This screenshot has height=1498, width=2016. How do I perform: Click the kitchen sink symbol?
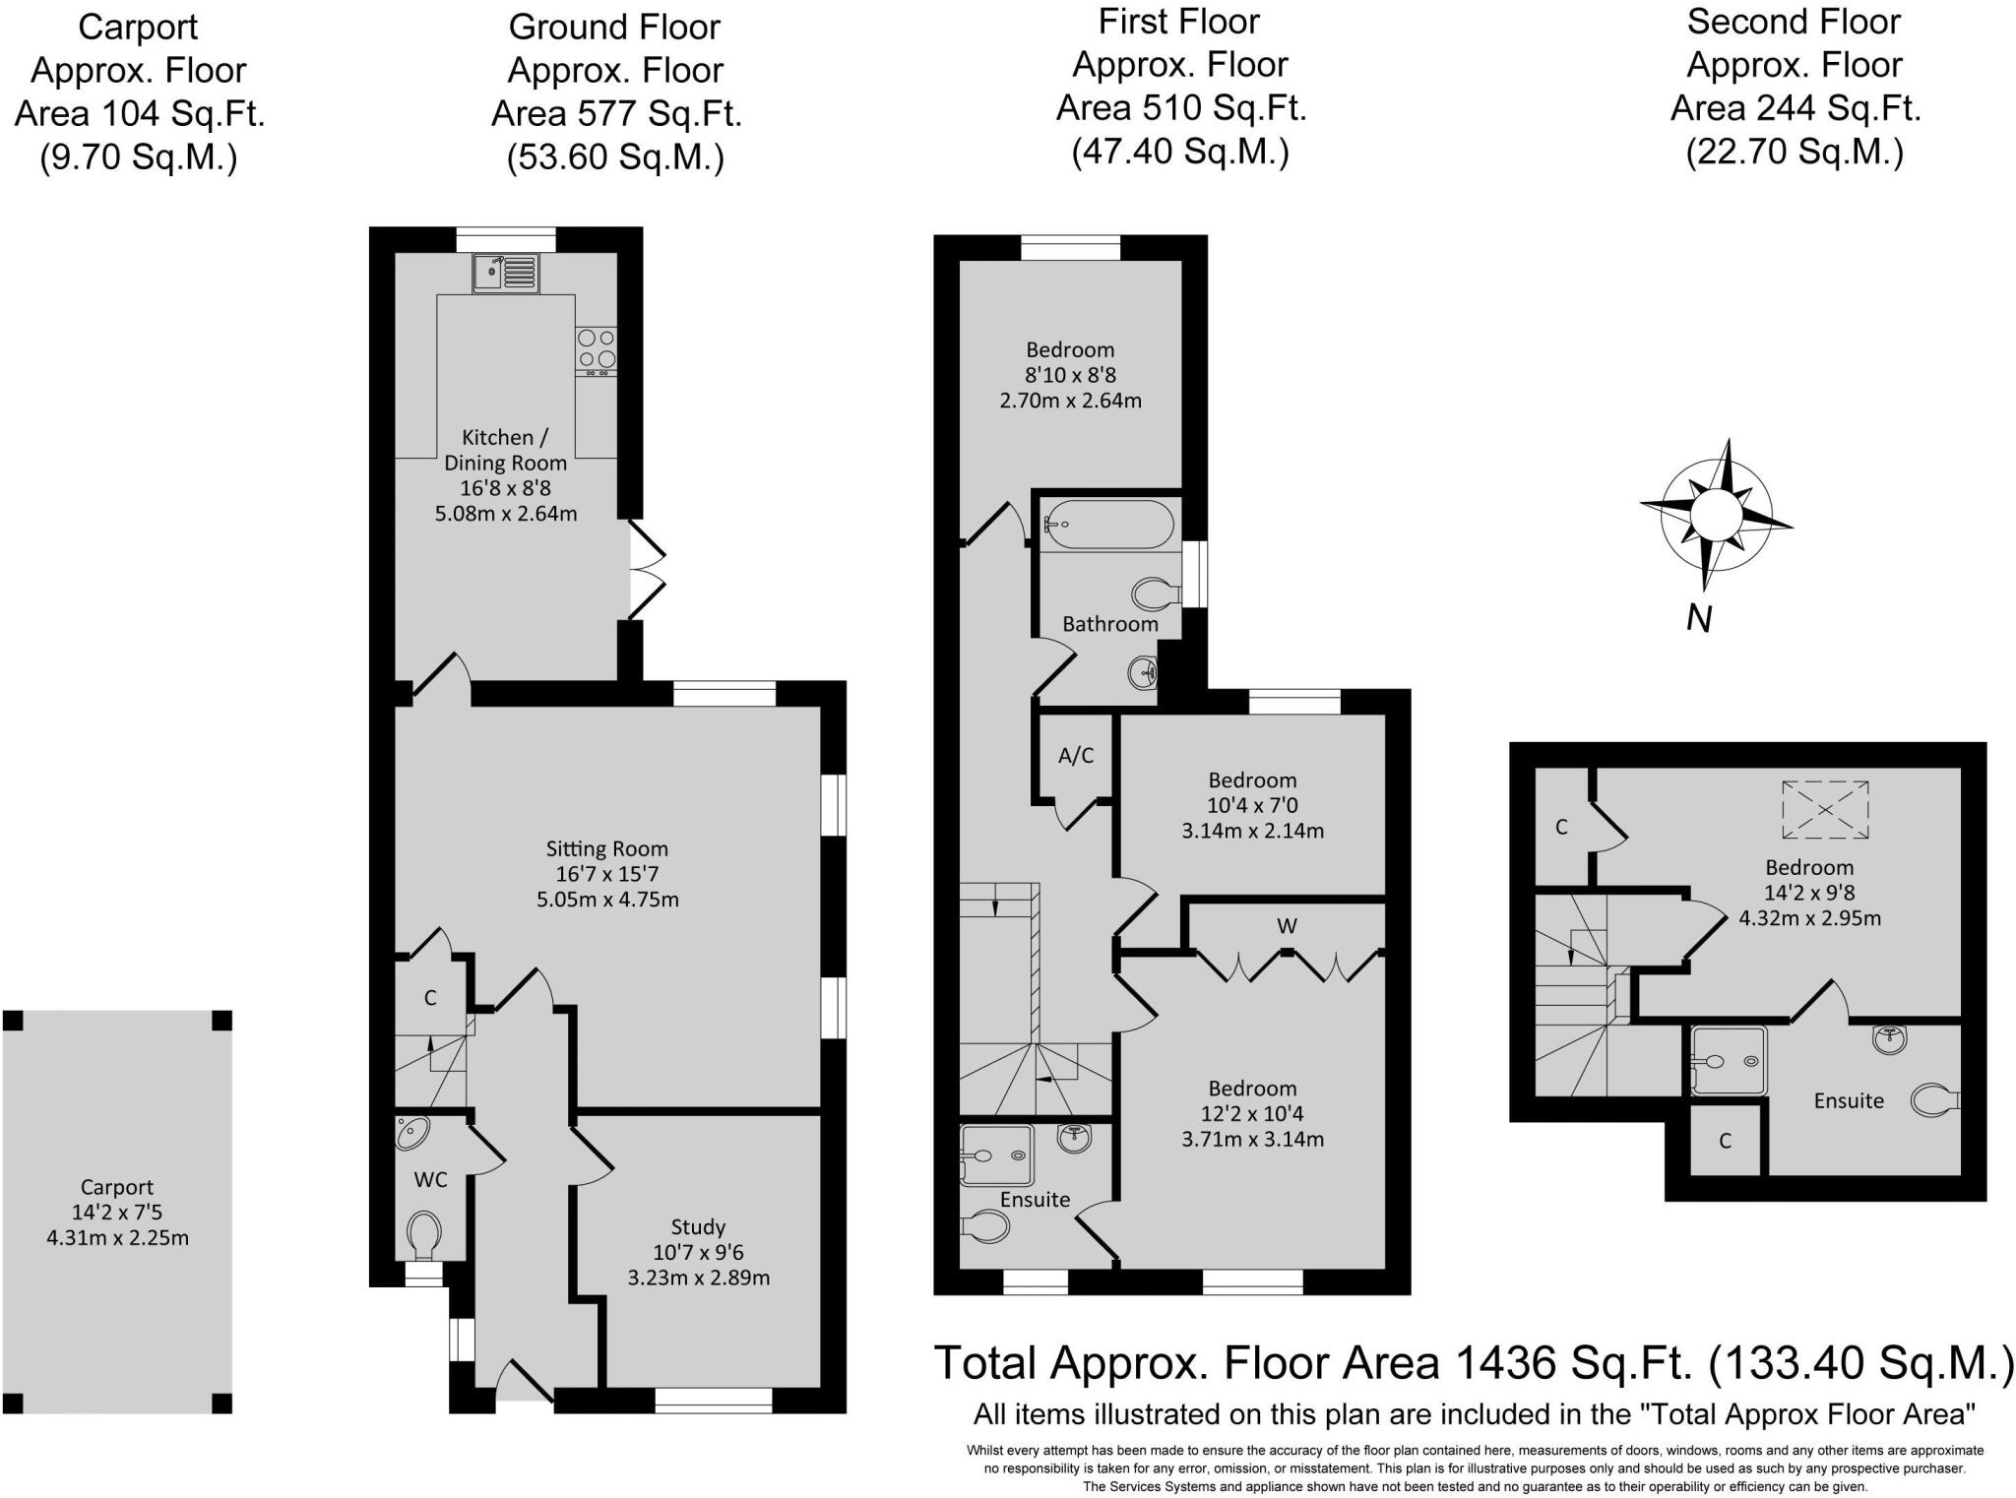[505, 273]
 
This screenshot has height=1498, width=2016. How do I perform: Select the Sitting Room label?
[607, 848]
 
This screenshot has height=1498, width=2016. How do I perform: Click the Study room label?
[698, 1226]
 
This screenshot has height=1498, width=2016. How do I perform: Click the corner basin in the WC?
[410, 1133]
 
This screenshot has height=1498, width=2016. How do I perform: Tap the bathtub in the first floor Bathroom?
[1107, 525]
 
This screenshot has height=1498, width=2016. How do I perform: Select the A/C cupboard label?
[1076, 756]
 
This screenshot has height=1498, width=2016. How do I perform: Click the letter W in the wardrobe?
[1287, 926]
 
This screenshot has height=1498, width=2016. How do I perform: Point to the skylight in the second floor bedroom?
[1825, 809]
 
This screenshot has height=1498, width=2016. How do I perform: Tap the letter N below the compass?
[1699, 618]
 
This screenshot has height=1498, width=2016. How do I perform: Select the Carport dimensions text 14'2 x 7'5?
[117, 1213]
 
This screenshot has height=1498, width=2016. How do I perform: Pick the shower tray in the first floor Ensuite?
[996, 1155]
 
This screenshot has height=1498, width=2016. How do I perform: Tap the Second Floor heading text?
[1794, 22]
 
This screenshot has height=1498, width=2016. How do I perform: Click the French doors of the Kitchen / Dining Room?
[647, 570]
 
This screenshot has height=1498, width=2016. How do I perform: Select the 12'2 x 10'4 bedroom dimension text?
[1252, 1114]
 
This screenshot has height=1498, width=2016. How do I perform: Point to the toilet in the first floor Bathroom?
[1156, 593]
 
